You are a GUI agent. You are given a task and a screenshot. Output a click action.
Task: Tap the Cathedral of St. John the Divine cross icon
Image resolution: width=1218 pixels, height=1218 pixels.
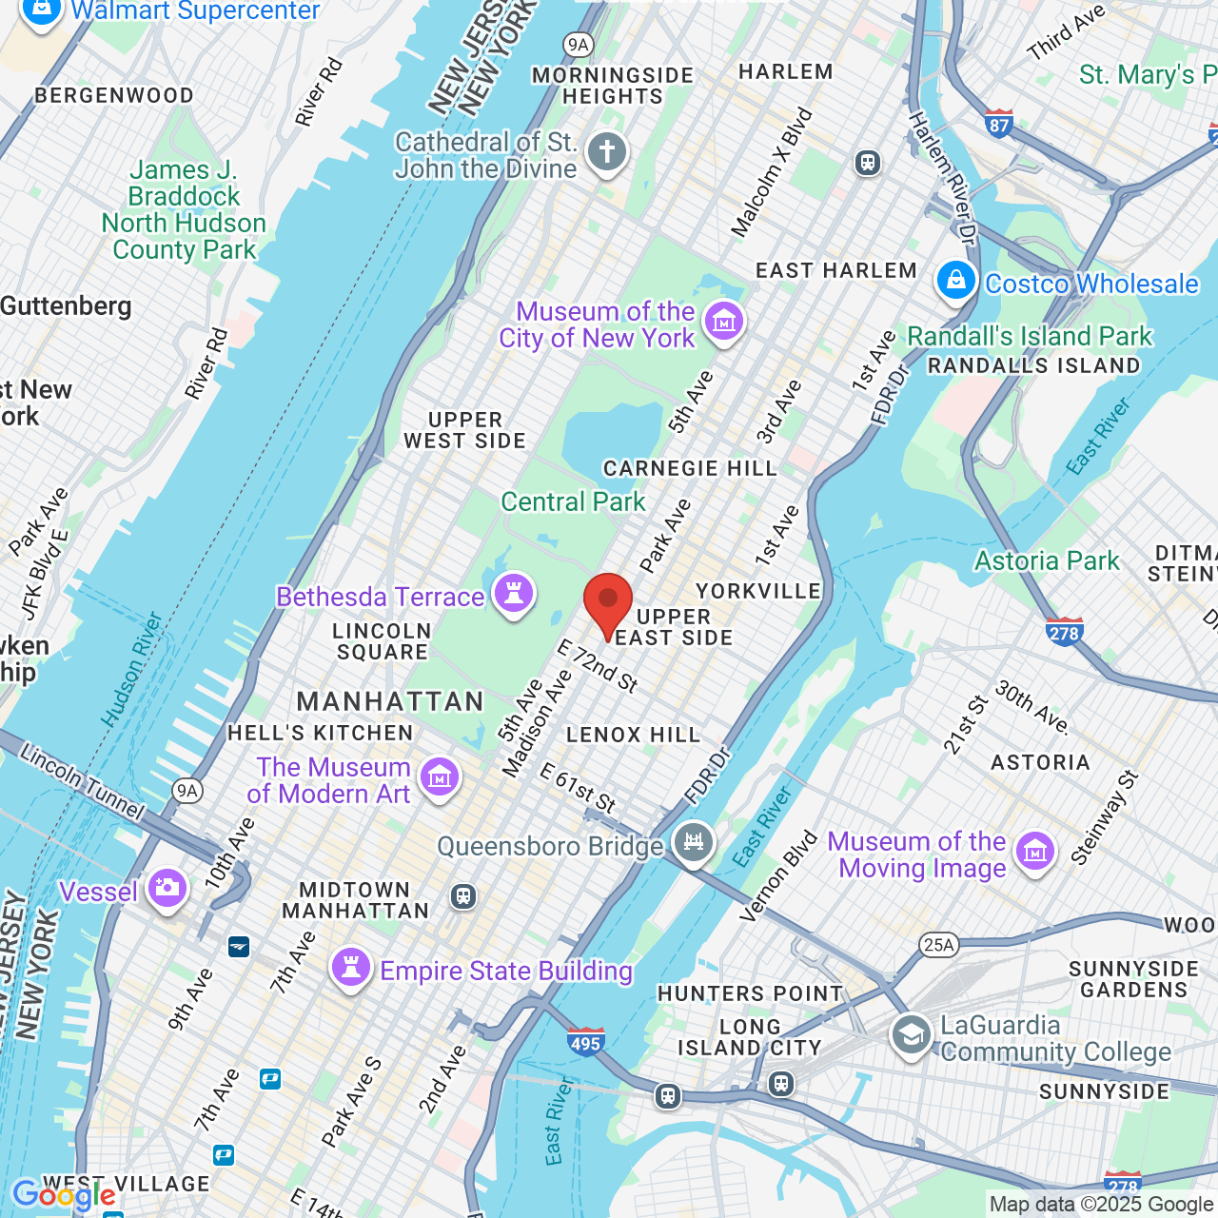pos(606,152)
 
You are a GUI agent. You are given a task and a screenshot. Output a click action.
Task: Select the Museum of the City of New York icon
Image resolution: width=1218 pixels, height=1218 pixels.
pos(724,323)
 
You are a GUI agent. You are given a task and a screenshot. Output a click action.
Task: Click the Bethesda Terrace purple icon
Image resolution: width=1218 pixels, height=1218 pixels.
pos(514,595)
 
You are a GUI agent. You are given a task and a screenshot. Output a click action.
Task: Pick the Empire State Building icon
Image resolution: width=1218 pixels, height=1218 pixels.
pos(350,969)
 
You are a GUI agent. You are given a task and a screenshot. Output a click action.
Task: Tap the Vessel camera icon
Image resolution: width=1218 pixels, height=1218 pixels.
pos(167,889)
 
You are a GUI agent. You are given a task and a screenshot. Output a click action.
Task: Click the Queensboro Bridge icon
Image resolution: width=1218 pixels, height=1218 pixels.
pos(694,842)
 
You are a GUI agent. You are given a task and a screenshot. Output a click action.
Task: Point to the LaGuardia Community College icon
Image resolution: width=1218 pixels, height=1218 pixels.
pos(911,1035)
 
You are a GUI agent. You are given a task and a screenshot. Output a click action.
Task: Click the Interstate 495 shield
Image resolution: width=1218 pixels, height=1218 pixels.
pos(585,1042)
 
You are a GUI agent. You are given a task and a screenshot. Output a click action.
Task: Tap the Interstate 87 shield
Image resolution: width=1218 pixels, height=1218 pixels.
pos(998,124)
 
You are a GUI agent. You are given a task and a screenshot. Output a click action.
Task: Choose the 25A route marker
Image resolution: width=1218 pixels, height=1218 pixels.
pos(938,944)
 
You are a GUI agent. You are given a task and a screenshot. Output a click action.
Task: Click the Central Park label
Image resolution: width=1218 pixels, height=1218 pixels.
pos(573,501)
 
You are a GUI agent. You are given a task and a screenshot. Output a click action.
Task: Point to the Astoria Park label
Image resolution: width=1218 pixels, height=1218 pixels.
pos(1047,560)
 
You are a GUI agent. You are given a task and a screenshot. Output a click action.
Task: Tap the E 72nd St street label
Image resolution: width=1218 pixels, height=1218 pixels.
pos(597,665)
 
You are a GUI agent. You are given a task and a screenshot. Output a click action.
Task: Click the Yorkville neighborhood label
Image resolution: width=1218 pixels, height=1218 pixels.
pos(758,591)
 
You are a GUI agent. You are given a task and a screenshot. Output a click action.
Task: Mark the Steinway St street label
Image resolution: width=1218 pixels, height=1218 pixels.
pos(1104,818)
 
